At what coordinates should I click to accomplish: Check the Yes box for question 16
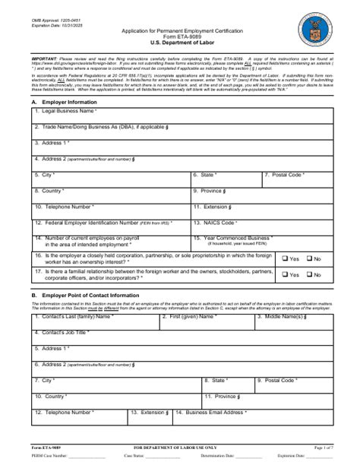point(285,259)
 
